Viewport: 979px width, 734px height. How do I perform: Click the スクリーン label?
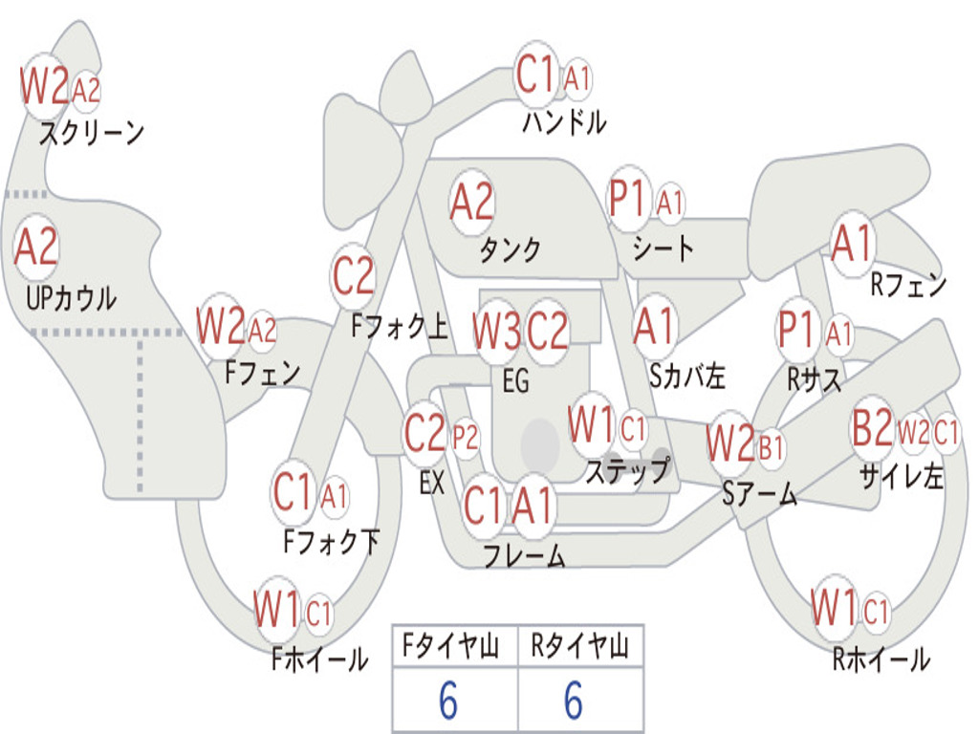tap(92, 132)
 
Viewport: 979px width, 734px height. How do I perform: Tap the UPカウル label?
tap(71, 298)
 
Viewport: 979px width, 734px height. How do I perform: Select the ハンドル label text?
tap(564, 121)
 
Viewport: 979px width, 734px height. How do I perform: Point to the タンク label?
tap(510, 249)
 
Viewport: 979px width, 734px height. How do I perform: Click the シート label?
tap(663, 248)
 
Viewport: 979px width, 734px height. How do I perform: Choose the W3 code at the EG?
tap(496, 331)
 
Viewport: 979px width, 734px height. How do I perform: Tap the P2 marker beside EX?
tap(466, 438)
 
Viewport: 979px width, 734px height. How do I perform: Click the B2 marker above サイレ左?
tap(873, 427)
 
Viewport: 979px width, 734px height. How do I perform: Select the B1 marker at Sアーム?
tap(772, 447)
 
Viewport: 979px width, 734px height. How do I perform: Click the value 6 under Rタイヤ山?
tap(574, 700)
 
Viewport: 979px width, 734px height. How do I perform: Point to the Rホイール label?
tap(881, 659)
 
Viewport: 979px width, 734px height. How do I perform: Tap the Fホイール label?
tap(319, 659)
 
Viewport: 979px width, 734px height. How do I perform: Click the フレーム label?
tap(525, 555)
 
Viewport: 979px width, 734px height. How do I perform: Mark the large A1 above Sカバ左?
tap(654, 326)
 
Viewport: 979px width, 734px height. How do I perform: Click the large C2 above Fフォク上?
tap(354, 275)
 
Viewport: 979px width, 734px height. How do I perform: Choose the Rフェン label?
tap(908, 285)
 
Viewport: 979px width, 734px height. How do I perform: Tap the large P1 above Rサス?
tap(797, 329)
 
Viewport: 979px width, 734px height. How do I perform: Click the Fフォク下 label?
tap(331, 541)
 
